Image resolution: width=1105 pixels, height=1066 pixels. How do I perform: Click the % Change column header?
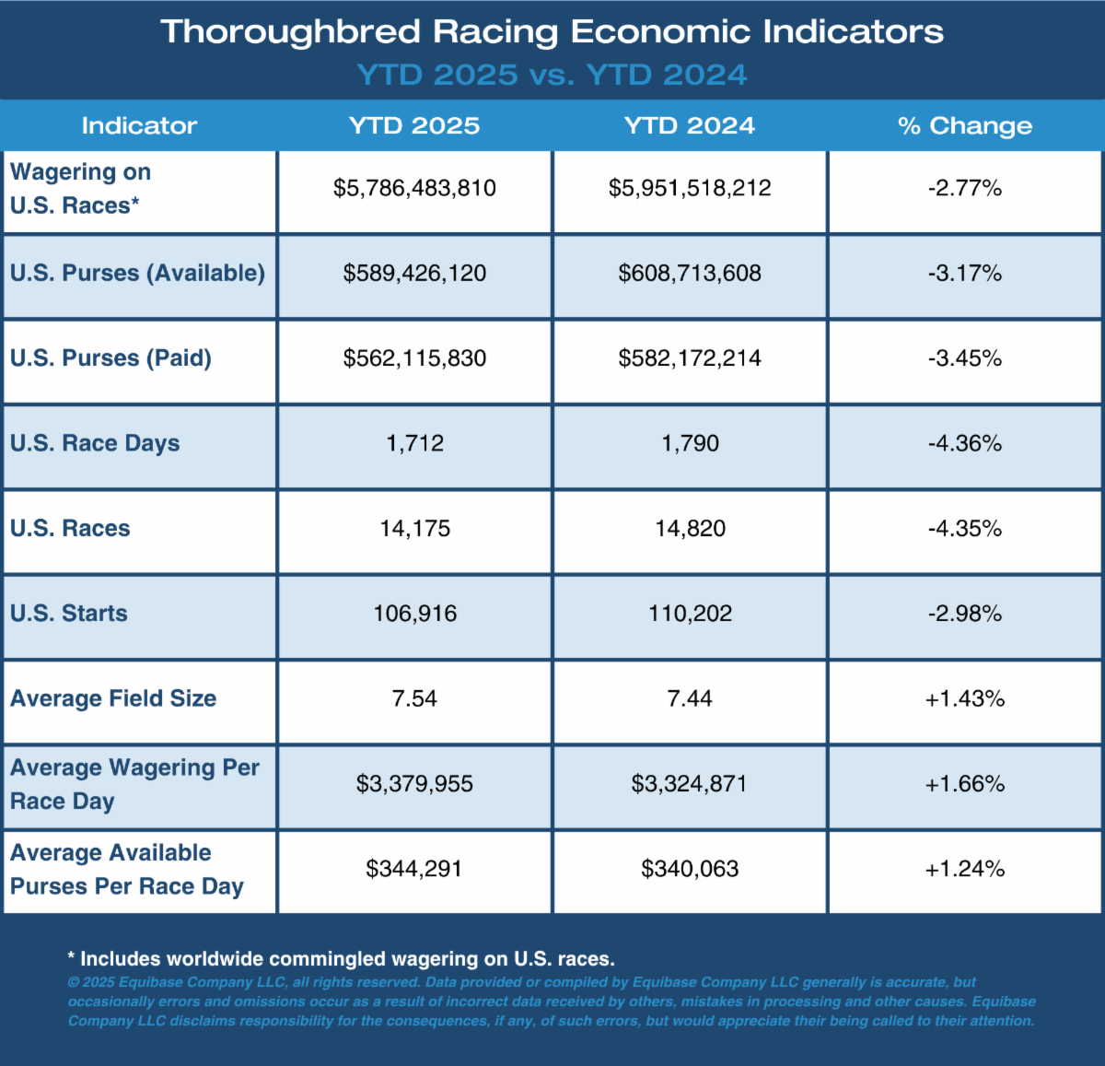tap(965, 125)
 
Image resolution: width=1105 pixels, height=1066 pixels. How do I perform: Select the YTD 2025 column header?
tap(414, 125)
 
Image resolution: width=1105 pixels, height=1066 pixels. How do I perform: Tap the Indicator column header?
tap(139, 125)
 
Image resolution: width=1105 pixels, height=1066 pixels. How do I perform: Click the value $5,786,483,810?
tap(414, 188)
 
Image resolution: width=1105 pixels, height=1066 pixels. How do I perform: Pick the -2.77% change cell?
tap(965, 188)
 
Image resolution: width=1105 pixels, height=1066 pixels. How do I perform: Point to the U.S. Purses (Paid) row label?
tap(110, 358)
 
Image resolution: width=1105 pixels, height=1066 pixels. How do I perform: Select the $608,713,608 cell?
tap(690, 274)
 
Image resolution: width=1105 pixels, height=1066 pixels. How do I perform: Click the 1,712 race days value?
tap(414, 443)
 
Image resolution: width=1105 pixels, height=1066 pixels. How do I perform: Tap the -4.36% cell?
tap(965, 443)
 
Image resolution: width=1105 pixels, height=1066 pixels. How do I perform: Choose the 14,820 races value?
tap(690, 529)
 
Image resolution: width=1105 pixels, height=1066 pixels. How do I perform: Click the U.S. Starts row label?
tap(69, 613)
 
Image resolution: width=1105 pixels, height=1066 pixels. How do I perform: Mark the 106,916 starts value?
tap(414, 614)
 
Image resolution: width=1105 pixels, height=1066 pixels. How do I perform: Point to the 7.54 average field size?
tap(414, 698)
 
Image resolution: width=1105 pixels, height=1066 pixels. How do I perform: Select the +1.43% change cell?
tap(965, 698)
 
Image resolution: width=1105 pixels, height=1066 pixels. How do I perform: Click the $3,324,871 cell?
tap(690, 783)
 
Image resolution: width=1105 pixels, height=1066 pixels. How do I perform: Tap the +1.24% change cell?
tap(965, 869)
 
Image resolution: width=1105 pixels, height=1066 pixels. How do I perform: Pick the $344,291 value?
tap(414, 869)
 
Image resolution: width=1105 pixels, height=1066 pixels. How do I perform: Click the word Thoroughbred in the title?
tap(290, 32)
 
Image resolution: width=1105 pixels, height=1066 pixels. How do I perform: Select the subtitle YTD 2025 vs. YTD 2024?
tap(552, 75)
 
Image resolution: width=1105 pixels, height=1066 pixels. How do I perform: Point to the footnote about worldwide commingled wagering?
tap(342, 958)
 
